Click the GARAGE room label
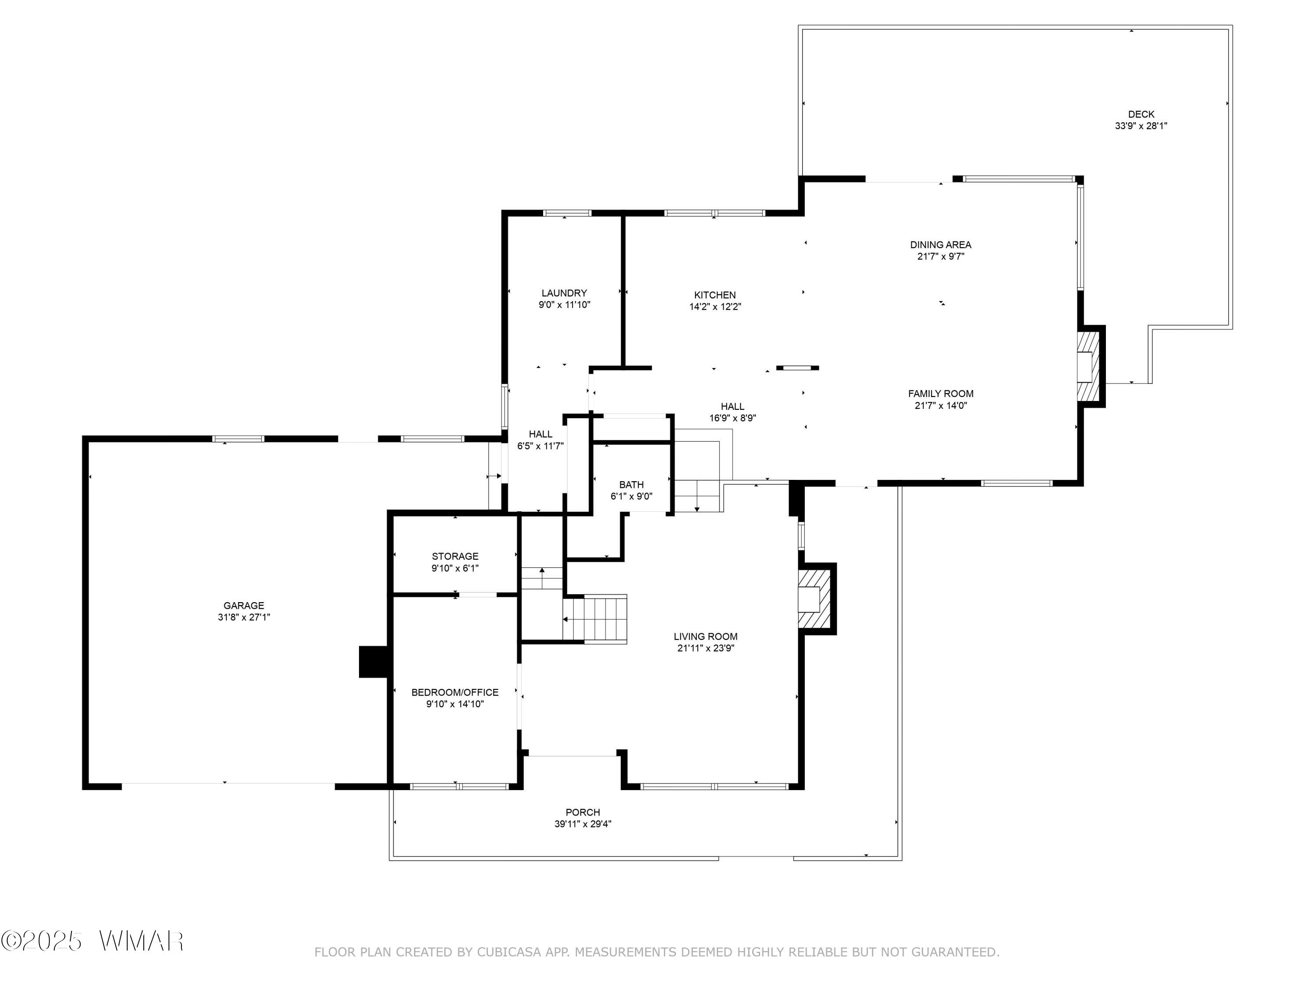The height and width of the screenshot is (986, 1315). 244,606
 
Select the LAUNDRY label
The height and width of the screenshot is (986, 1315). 564,293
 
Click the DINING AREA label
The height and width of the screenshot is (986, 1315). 941,244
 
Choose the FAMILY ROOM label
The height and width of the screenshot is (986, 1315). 941,394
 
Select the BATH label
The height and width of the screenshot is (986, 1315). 631,484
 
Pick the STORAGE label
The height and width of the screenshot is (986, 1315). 455,556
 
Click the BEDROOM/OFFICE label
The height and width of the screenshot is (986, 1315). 455,692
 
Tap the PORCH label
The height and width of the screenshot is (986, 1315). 583,812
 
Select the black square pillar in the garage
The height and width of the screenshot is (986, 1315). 374,661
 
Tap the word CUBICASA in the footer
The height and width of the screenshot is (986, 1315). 509,952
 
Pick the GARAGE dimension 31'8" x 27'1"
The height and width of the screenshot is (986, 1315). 244,617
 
